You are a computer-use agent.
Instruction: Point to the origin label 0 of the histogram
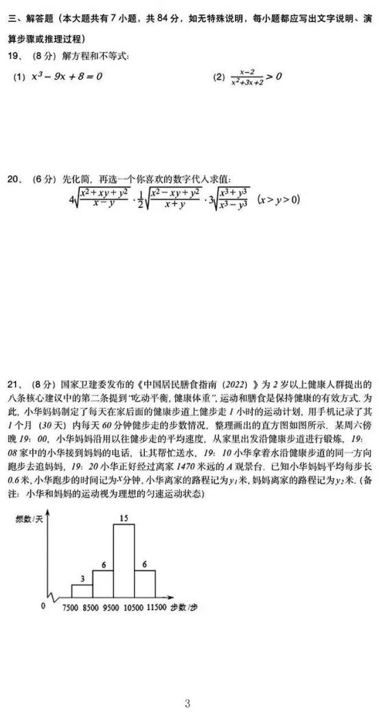(x=43, y=606)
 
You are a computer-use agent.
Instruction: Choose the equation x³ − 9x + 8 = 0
(x=67, y=76)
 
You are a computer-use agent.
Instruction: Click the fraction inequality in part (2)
(x=247, y=76)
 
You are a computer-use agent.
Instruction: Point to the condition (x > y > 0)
(x=279, y=200)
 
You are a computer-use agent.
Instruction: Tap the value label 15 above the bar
(x=124, y=519)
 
